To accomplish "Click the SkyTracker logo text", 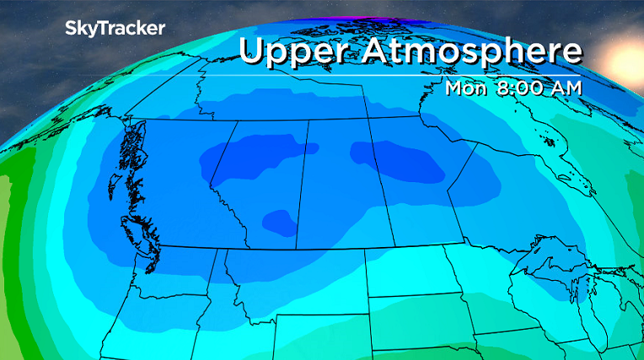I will coord(115,28).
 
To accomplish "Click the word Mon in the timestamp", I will coord(464,87).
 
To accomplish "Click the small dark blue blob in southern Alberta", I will coord(279,223).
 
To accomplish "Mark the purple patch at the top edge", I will coord(354,8).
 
